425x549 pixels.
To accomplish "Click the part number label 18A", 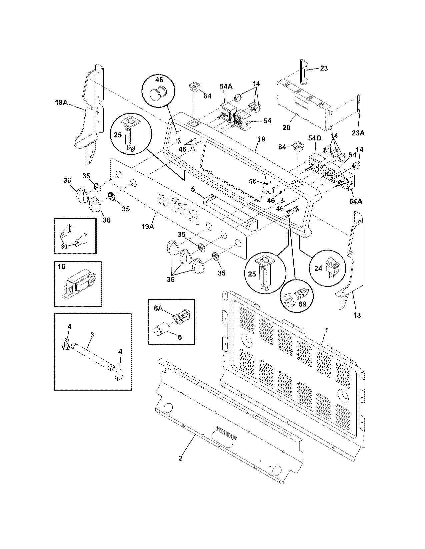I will tap(61, 102).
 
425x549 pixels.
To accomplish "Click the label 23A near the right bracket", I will tap(358, 133).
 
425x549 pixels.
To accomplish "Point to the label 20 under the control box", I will tap(286, 127).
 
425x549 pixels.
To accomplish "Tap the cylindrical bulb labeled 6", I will tap(161, 331).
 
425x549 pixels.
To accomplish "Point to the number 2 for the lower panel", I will tap(180, 458).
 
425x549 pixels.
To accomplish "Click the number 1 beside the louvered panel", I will tap(327, 330).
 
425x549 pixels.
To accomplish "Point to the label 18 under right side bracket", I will tap(357, 315).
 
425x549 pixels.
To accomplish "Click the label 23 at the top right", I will tap(324, 69).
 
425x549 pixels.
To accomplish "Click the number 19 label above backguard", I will tap(261, 139).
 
